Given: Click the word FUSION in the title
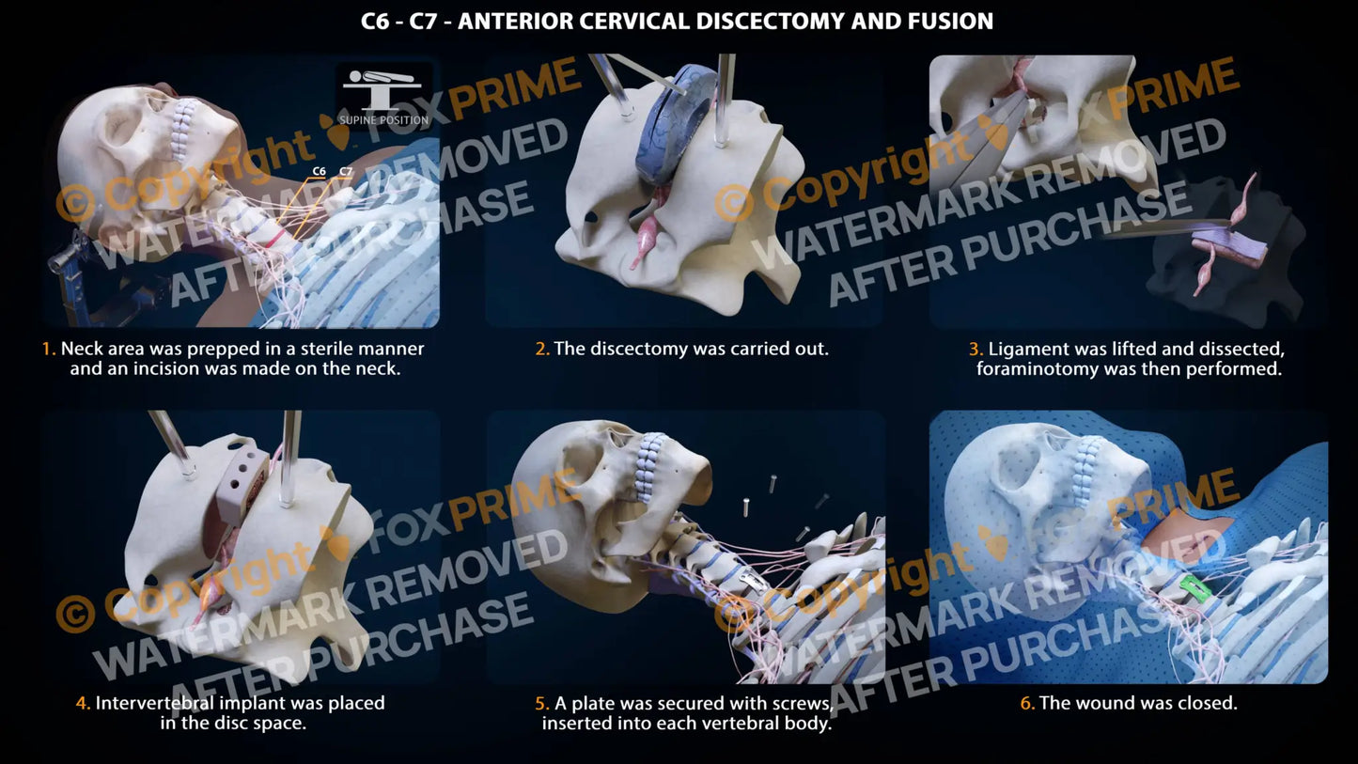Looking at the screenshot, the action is (951, 22).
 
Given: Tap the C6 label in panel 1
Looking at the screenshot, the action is (319, 172).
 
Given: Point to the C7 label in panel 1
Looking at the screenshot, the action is (346, 172).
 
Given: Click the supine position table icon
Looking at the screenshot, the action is (382, 88).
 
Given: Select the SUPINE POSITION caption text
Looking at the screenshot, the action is (383, 120).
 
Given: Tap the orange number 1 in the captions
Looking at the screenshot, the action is (48, 350).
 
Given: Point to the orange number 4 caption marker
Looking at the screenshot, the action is (83, 703).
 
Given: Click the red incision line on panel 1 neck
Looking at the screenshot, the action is (274, 238).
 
